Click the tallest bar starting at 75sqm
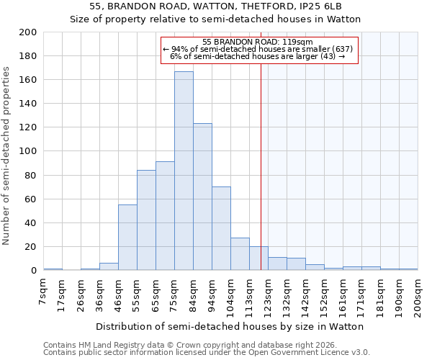tap(184, 171)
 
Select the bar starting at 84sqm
tap(202, 197)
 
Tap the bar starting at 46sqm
tap(127, 238)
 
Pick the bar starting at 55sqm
tap(146, 220)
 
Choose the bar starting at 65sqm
tap(165, 216)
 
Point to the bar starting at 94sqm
tap(221, 228)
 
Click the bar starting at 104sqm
tap(240, 254)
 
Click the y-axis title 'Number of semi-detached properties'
tap(7, 156)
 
